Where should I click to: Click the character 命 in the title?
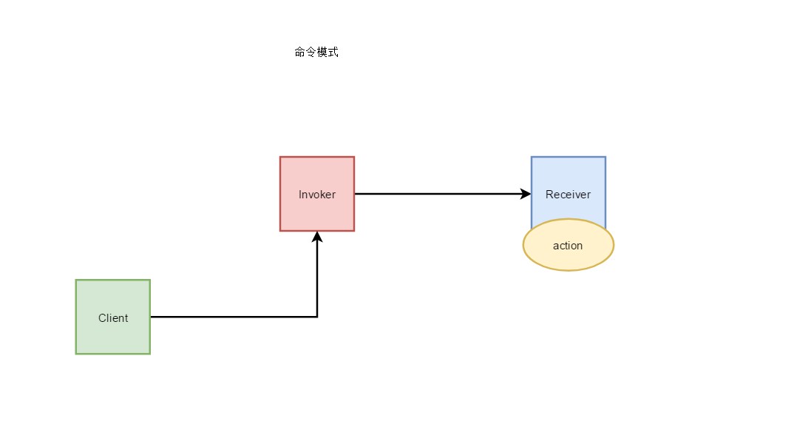pyautogui.click(x=300, y=53)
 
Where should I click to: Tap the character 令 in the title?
pyautogui.click(x=311, y=53)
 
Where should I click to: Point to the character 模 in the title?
pyautogui.click(x=322, y=53)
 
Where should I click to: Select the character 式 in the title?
pyautogui.click(x=333, y=53)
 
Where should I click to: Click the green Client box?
pyautogui.click(x=113, y=337)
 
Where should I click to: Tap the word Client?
pyautogui.click(x=113, y=318)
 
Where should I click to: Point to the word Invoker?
pyautogui.click(x=317, y=195)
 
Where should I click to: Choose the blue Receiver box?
pyautogui.click(x=569, y=174)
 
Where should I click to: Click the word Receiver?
pyautogui.click(x=569, y=195)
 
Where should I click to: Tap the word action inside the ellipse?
pyautogui.click(x=568, y=246)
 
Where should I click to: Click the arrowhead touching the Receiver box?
pyautogui.click(x=526, y=194)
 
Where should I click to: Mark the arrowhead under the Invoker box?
pyautogui.click(x=317, y=237)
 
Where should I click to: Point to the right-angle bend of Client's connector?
pyautogui.click(x=317, y=317)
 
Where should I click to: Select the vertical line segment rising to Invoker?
pyautogui.click(x=317, y=277)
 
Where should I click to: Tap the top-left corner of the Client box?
pyautogui.click(x=76, y=280)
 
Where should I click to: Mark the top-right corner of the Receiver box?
pyautogui.click(x=605, y=157)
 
